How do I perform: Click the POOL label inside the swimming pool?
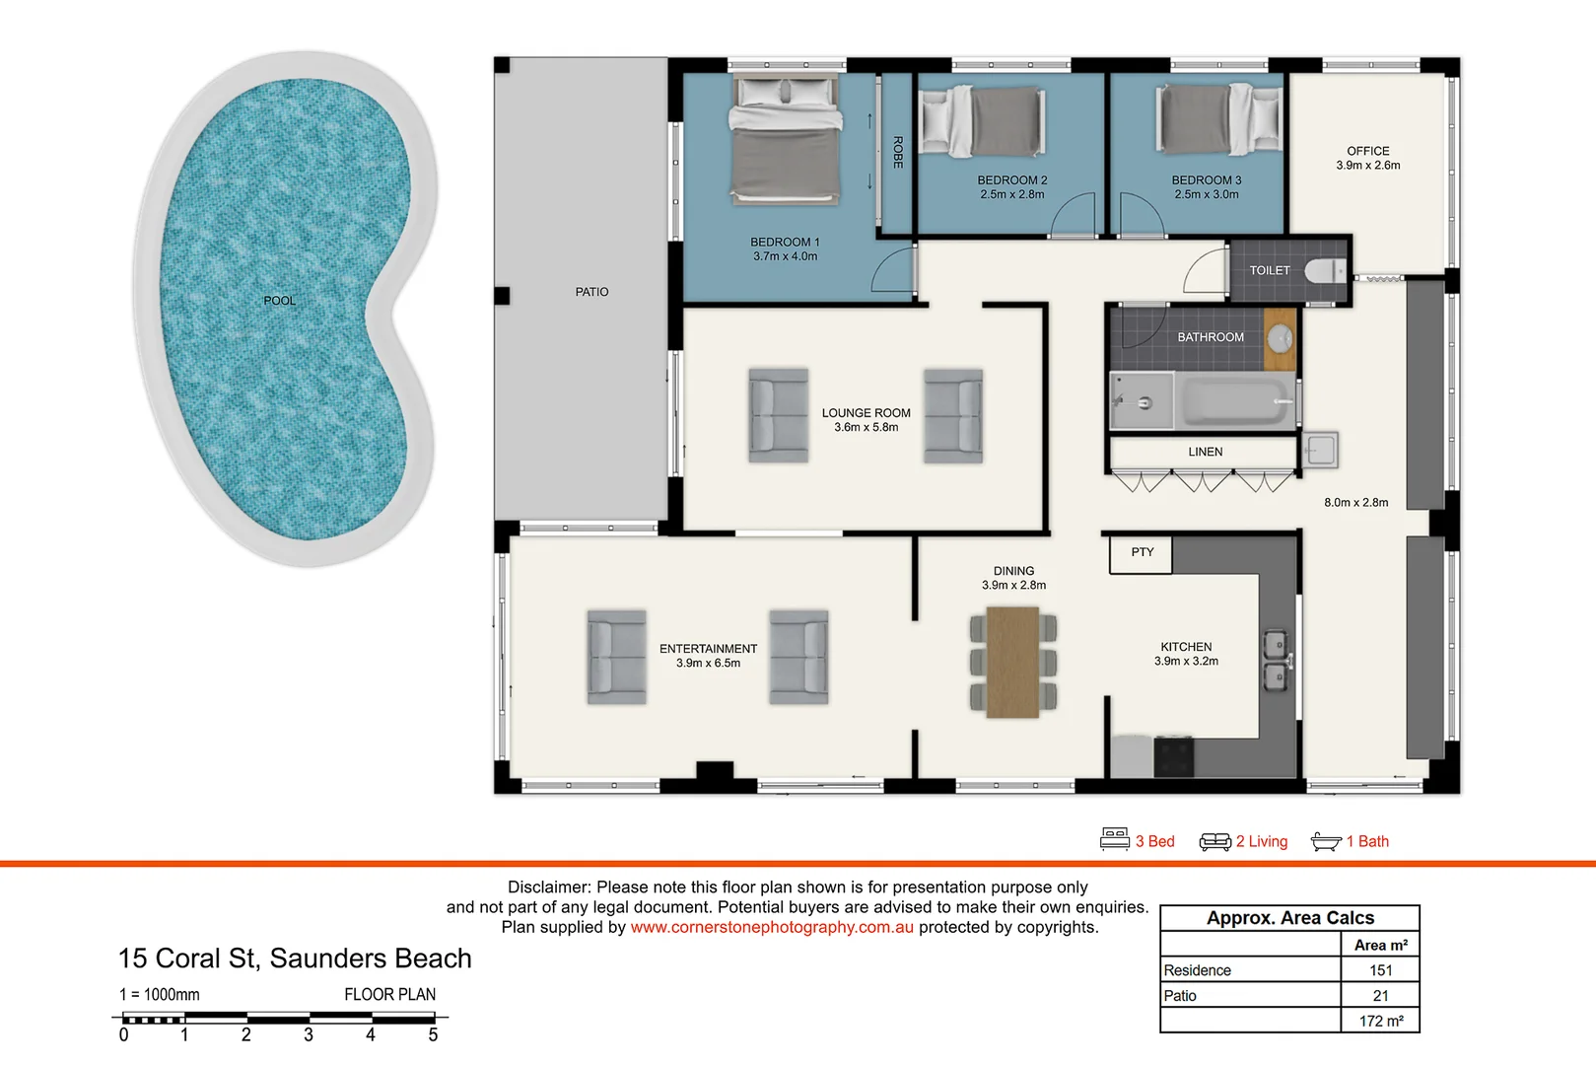279,301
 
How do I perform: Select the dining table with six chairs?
1013,661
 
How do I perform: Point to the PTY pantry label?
1143,552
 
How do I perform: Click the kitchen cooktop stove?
1174,757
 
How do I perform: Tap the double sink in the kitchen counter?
1276,661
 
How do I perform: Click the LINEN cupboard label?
1205,452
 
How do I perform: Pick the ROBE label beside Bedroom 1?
898,152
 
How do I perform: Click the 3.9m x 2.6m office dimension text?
1367,166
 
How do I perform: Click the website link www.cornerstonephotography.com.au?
772,927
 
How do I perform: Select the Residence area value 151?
1380,970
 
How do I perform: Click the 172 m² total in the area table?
1380,1021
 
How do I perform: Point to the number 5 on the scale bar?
433,1034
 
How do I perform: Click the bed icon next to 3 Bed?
1115,839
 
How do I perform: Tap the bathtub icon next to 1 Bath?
1326,841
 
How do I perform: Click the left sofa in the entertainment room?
616,657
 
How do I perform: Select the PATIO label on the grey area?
591,292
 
